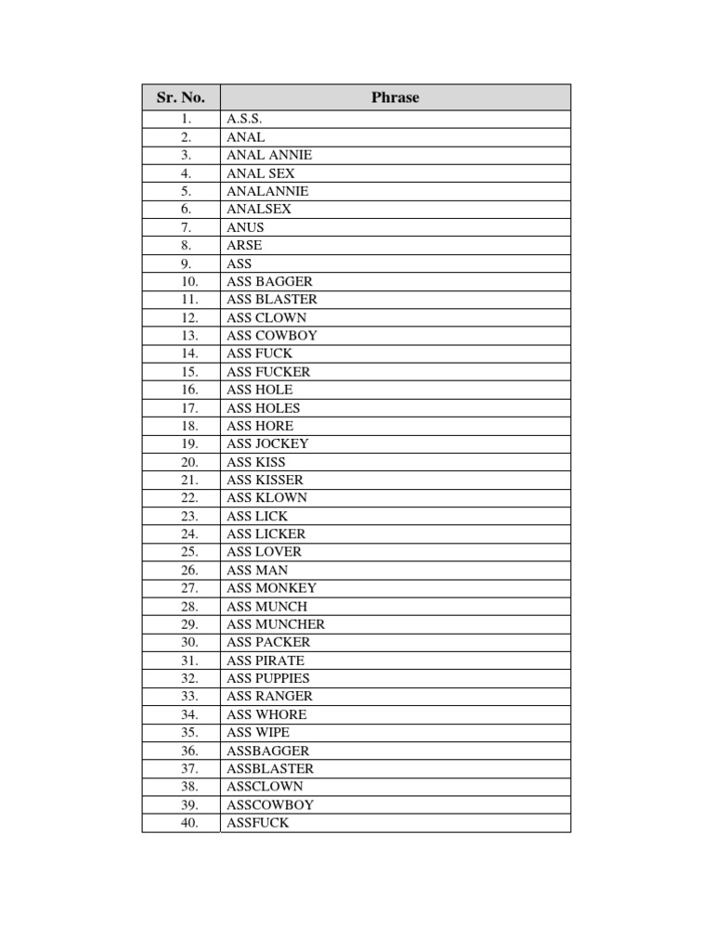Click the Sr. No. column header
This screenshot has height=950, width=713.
click(181, 97)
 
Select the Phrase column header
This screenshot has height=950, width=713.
click(395, 97)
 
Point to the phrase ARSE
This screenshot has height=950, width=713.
click(244, 245)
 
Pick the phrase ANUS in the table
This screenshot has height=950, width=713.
click(245, 227)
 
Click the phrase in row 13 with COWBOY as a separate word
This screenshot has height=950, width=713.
click(271, 335)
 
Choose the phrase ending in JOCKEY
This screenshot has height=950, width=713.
click(267, 443)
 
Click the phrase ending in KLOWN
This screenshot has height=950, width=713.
click(266, 497)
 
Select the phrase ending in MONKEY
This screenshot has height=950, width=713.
click(271, 588)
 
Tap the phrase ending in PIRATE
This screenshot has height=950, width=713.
click(266, 661)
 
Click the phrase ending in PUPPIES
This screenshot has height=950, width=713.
click(268, 678)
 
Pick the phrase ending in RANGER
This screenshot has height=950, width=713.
click(269, 696)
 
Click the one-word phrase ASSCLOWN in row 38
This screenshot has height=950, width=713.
click(265, 787)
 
